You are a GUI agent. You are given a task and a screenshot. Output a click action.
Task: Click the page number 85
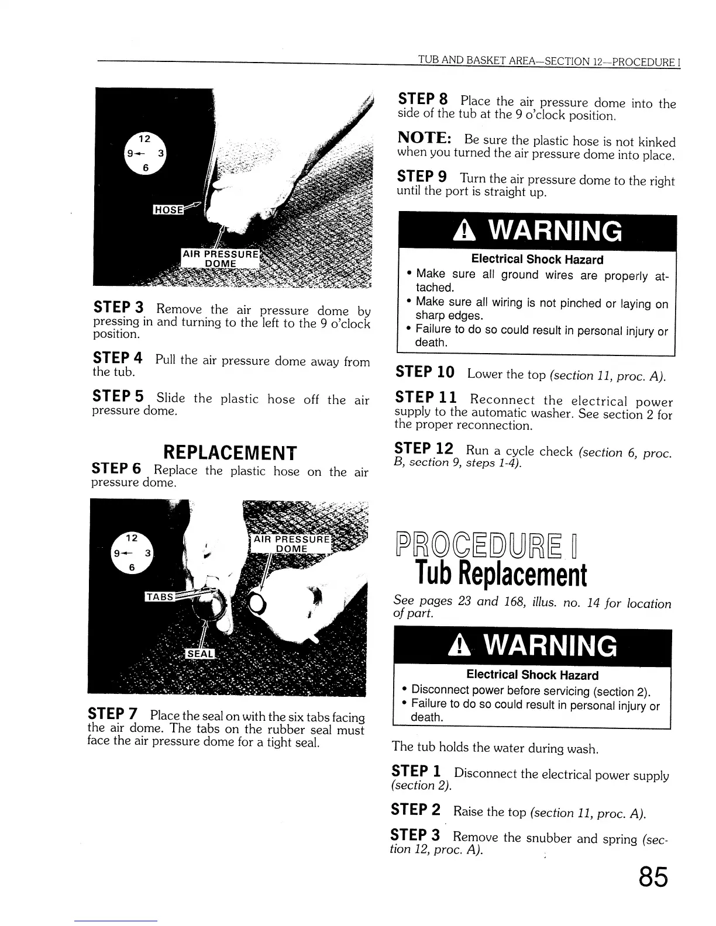pyautogui.click(x=652, y=877)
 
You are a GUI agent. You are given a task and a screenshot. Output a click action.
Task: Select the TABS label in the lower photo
pyautogui.click(x=159, y=597)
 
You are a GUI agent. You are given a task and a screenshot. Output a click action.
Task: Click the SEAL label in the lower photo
pyautogui.click(x=200, y=654)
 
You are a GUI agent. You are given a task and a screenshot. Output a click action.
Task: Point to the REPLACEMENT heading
pyautogui.click(x=230, y=452)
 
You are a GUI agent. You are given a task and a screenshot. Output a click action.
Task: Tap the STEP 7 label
pyautogui.click(x=112, y=714)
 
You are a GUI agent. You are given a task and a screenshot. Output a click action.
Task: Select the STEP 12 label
pyautogui.click(x=424, y=449)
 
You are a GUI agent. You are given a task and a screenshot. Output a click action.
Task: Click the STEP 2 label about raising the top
pyautogui.click(x=415, y=810)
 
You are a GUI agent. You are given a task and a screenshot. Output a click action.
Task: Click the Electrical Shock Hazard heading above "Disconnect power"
pyautogui.click(x=532, y=675)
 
